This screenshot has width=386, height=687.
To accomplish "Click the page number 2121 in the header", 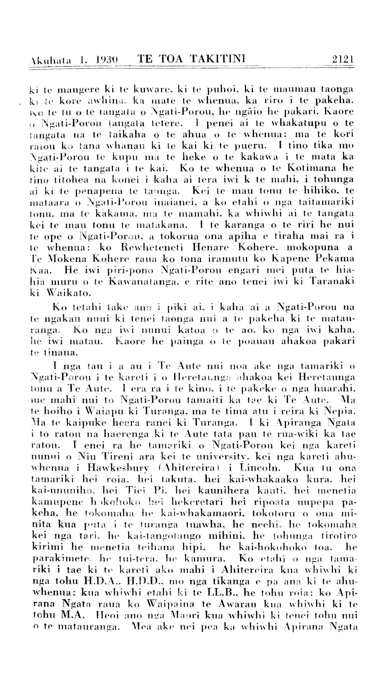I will coord(342,59).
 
